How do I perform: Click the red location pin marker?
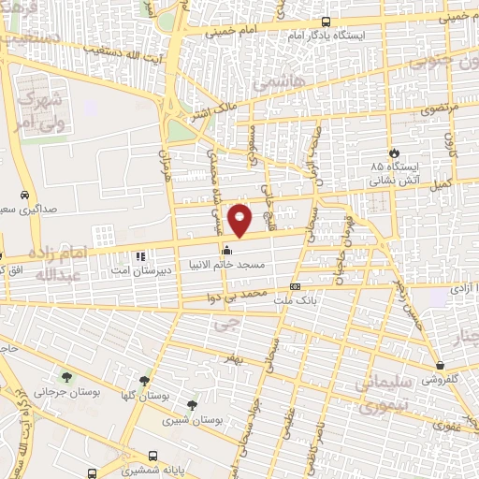coord(240,220)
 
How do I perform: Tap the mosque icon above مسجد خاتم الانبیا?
coord(226,251)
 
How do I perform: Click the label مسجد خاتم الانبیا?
coord(228,266)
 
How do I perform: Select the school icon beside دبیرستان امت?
coord(139,255)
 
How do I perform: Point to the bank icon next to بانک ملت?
coord(296,286)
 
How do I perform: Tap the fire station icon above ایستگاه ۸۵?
coord(394,152)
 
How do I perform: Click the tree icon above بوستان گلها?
coord(143,381)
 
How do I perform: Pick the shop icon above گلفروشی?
coord(440,365)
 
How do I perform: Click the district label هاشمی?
coord(272,82)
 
